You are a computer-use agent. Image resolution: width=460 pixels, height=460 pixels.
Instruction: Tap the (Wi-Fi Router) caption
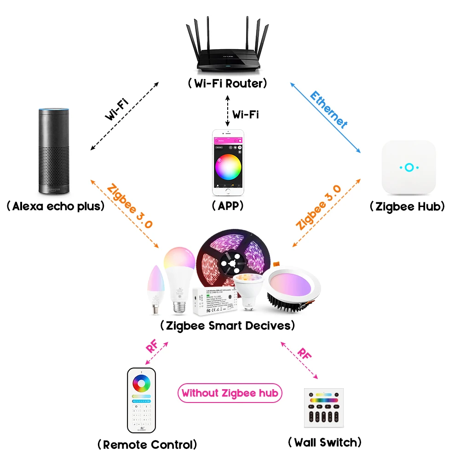227,84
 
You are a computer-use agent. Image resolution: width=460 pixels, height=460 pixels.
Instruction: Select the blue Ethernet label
328,109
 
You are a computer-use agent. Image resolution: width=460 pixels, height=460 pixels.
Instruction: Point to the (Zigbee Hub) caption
407,207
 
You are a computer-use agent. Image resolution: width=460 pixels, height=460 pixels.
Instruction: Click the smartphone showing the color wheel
227,162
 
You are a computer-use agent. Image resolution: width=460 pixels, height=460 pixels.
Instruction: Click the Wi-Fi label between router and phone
245,114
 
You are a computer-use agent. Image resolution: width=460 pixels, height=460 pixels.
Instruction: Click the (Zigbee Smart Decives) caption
227,326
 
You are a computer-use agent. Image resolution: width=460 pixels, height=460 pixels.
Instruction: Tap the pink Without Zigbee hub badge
230,393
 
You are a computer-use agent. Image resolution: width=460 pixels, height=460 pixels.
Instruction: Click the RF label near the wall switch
303,354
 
